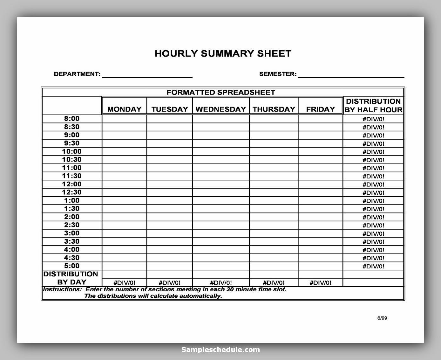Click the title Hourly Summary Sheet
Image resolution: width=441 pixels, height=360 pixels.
pos(223,53)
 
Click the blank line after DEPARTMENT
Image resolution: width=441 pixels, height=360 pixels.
pos(147,74)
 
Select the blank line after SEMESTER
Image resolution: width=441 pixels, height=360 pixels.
pos(351,74)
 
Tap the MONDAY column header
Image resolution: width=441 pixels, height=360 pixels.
pos(124,109)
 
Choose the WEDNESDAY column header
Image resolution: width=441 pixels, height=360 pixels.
pos(221,109)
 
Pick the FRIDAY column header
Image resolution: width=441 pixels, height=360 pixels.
pos(320,109)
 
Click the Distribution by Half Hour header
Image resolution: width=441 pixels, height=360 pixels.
pos(373,106)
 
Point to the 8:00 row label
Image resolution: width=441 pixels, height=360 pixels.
pos(72,119)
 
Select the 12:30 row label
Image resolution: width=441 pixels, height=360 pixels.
pos(72,192)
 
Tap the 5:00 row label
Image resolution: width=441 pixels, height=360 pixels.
pos(72,266)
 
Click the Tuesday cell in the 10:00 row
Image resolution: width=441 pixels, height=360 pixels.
pos(169,151)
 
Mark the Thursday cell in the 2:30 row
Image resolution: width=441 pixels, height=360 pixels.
pos(274,225)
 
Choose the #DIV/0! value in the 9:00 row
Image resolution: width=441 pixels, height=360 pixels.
pos(373,135)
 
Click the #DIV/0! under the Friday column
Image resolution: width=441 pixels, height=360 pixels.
pos(320,283)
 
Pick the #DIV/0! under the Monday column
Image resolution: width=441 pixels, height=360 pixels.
pos(124,283)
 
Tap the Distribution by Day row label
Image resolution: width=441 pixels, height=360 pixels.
pos(71,278)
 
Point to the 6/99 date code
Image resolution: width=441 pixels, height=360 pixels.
pos(382,318)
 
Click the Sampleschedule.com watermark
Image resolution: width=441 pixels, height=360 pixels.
pos(221,350)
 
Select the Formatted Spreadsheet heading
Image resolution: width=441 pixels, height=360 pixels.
pos(221,93)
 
